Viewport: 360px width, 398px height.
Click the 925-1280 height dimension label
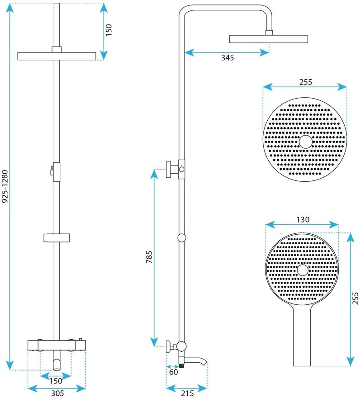[5, 186]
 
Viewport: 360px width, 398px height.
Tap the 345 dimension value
[227, 57]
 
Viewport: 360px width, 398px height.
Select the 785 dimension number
[149, 257]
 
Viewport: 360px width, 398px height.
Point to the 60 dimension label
[174, 372]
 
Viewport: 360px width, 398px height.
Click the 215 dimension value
[187, 393]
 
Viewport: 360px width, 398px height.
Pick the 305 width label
[57, 393]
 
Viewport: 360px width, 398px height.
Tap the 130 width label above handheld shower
[303, 219]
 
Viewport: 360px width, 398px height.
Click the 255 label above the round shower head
[306, 82]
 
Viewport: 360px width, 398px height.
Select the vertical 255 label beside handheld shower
[355, 298]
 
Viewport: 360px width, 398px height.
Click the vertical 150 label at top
[109, 30]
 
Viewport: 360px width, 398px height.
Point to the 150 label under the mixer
[56, 381]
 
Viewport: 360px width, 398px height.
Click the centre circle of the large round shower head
[306, 142]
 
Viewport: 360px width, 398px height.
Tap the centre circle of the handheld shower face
[303, 270]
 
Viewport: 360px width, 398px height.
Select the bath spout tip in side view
[204, 362]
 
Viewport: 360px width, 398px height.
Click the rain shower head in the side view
[269, 39]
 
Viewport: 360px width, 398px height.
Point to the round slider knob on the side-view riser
[182, 238]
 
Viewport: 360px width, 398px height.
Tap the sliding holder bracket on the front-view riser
[57, 237]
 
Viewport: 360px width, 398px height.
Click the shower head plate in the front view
[57, 57]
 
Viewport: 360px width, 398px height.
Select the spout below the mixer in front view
[57, 363]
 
